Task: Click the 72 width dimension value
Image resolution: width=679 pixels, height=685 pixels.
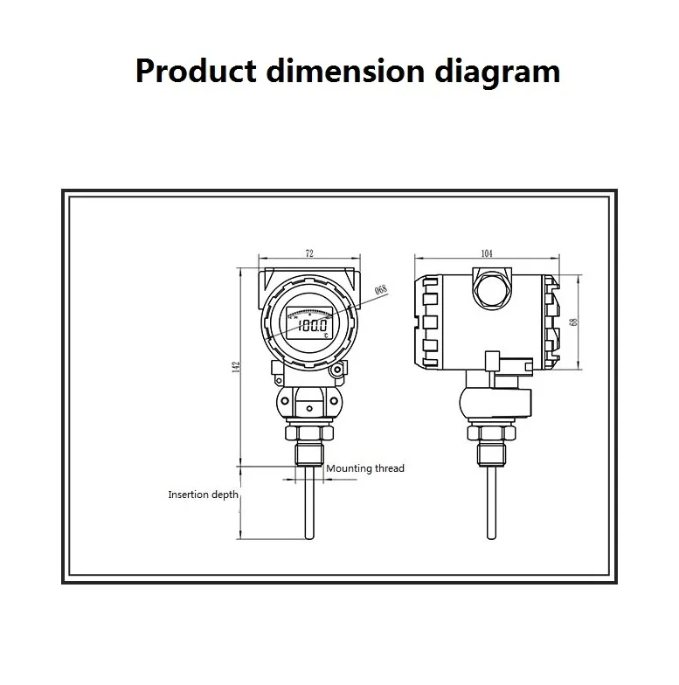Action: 309,253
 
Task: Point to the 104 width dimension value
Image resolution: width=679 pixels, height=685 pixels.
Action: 486,253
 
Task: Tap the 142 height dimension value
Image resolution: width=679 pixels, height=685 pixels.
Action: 235,367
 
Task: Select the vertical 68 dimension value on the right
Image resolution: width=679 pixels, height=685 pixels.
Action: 573,322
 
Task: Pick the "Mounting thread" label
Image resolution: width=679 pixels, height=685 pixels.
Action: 365,469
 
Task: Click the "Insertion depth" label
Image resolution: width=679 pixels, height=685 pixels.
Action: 203,495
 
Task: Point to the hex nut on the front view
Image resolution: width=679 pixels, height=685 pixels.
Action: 309,432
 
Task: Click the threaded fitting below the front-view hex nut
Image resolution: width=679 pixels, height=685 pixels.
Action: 309,453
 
